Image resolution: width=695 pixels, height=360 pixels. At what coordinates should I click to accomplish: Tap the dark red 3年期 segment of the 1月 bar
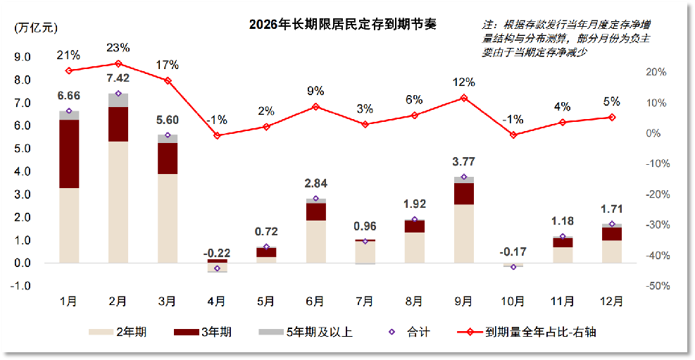(x=69, y=154)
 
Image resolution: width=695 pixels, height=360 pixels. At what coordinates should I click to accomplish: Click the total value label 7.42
(x=118, y=77)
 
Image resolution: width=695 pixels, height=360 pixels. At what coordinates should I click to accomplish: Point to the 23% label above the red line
(x=118, y=48)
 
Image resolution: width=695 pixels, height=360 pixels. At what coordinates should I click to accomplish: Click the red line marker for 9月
(x=463, y=98)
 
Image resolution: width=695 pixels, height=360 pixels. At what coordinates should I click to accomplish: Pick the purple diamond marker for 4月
(x=217, y=268)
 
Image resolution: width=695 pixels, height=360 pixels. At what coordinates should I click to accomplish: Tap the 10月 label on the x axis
(x=513, y=302)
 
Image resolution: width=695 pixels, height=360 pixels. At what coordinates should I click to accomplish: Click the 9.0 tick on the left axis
(x=23, y=57)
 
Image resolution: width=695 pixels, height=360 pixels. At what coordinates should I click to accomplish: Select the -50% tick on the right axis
(x=657, y=286)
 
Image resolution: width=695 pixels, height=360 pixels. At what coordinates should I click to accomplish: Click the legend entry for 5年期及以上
(x=305, y=332)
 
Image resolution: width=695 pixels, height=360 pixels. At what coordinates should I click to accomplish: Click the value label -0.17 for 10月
(x=513, y=252)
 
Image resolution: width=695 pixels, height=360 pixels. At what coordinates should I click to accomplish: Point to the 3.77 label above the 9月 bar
(x=463, y=162)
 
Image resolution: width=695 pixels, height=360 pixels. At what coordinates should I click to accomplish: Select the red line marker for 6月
(x=315, y=107)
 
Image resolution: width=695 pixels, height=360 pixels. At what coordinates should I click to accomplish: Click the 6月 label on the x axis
(x=315, y=302)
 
